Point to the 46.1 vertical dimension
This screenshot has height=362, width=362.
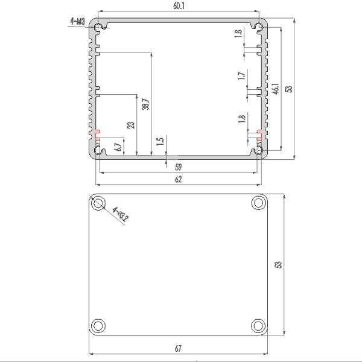pos(275,88)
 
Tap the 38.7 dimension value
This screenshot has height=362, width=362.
pos(145,104)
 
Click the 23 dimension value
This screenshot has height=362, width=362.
pos(131,125)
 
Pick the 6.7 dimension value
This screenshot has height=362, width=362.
pos(118,145)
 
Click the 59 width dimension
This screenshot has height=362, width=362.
pos(178,167)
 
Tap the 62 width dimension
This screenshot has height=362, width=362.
pos(178,179)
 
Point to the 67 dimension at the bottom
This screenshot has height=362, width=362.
pos(178,349)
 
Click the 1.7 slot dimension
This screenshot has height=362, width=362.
pos(241,76)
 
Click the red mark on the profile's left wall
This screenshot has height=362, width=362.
pos(97,132)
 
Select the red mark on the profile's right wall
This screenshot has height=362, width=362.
pos(260,132)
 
